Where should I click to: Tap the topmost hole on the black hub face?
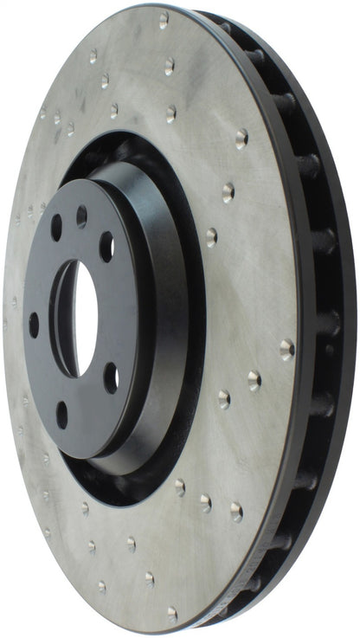pyautogui.click(x=81, y=216)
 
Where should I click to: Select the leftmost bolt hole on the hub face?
pyautogui.click(x=34, y=325)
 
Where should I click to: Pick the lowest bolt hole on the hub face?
pyautogui.click(x=62, y=414)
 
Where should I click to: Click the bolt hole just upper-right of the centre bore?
pyautogui.click(x=106, y=247)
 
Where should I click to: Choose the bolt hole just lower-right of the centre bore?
pyautogui.click(x=111, y=377)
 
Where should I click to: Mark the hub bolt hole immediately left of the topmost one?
pyautogui.click(x=56, y=228)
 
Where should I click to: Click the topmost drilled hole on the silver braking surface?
pyautogui.click(x=163, y=19)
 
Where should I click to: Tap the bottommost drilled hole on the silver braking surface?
pyautogui.click(x=171, y=615)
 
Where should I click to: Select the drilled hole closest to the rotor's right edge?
pyautogui.click(x=286, y=349)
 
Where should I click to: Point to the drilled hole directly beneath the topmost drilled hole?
pyautogui.click(x=170, y=65)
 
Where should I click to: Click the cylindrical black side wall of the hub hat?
pyautogui.click(x=164, y=320)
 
